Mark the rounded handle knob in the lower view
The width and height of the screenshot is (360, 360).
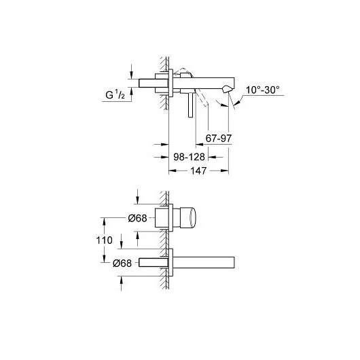(194, 218)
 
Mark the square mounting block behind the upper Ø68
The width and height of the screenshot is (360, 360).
(164, 218)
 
